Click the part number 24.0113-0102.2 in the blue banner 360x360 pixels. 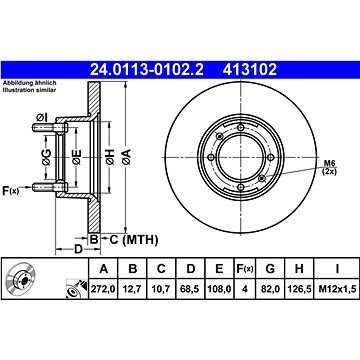(147, 70)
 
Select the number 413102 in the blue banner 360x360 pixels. (250, 70)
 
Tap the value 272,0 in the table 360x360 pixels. (103, 289)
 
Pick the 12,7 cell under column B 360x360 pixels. (133, 289)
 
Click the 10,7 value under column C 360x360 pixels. (161, 289)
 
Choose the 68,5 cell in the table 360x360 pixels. (190, 289)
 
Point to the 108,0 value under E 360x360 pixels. (219, 289)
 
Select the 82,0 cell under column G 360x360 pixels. (270, 289)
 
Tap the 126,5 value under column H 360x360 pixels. (299, 289)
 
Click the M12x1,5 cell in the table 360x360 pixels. (337, 289)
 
